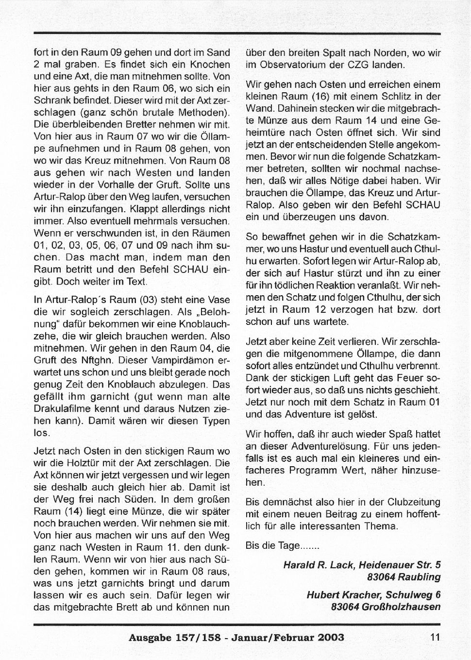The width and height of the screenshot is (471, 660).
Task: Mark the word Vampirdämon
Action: coord(183,360)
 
